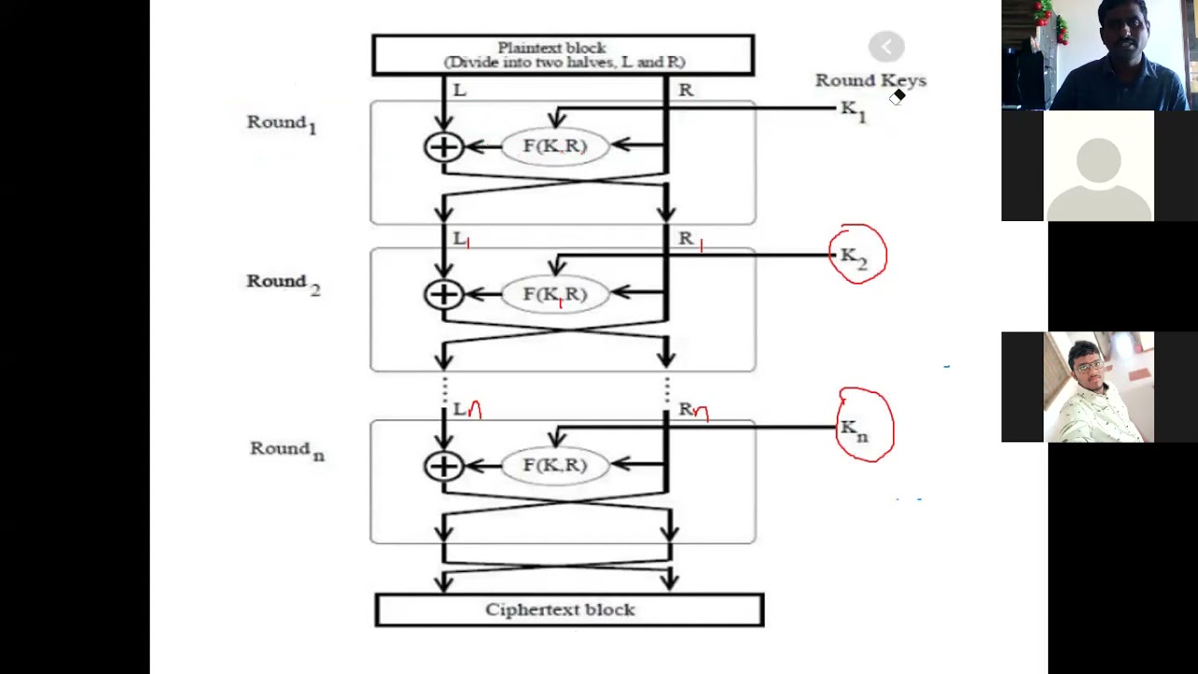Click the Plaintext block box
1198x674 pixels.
562,55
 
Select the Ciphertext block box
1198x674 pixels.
569,610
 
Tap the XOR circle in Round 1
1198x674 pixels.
444,147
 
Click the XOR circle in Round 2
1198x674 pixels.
444,295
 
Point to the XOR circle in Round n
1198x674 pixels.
444,466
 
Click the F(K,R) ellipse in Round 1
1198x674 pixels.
555,146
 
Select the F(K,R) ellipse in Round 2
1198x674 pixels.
555,295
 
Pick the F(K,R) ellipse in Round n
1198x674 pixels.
555,465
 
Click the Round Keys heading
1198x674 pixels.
869,81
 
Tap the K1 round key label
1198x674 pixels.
853,110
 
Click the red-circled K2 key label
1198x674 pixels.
855,256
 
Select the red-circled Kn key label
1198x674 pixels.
855,430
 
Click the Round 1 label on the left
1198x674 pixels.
282,124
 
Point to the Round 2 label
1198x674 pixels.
283,283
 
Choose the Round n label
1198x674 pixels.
286,450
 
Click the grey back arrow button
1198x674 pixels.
885,47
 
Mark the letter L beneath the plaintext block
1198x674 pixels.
460,91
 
